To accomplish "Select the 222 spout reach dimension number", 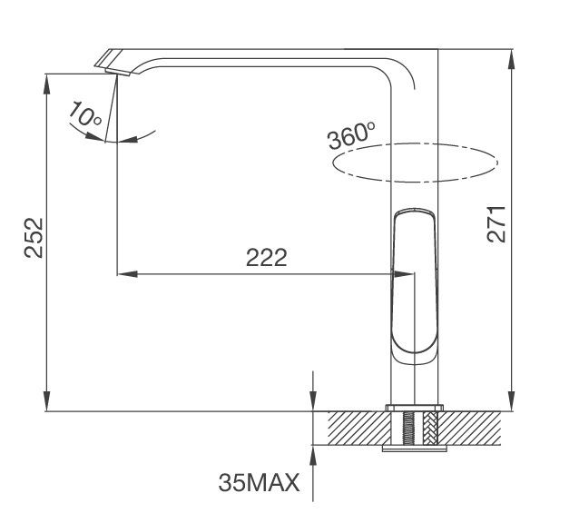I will pyautogui.click(x=267, y=258).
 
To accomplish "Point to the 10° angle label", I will pyautogui.click(x=83, y=114).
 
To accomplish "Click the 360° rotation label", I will pyautogui.click(x=352, y=137).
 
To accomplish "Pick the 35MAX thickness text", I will pyautogui.click(x=259, y=482).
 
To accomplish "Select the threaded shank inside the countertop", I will pyautogui.click(x=414, y=427).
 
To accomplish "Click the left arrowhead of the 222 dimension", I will pyautogui.click(x=123, y=273).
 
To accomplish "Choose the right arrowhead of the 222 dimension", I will pyautogui.click(x=385, y=273).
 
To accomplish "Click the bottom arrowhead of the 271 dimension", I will pyautogui.click(x=513, y=404).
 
